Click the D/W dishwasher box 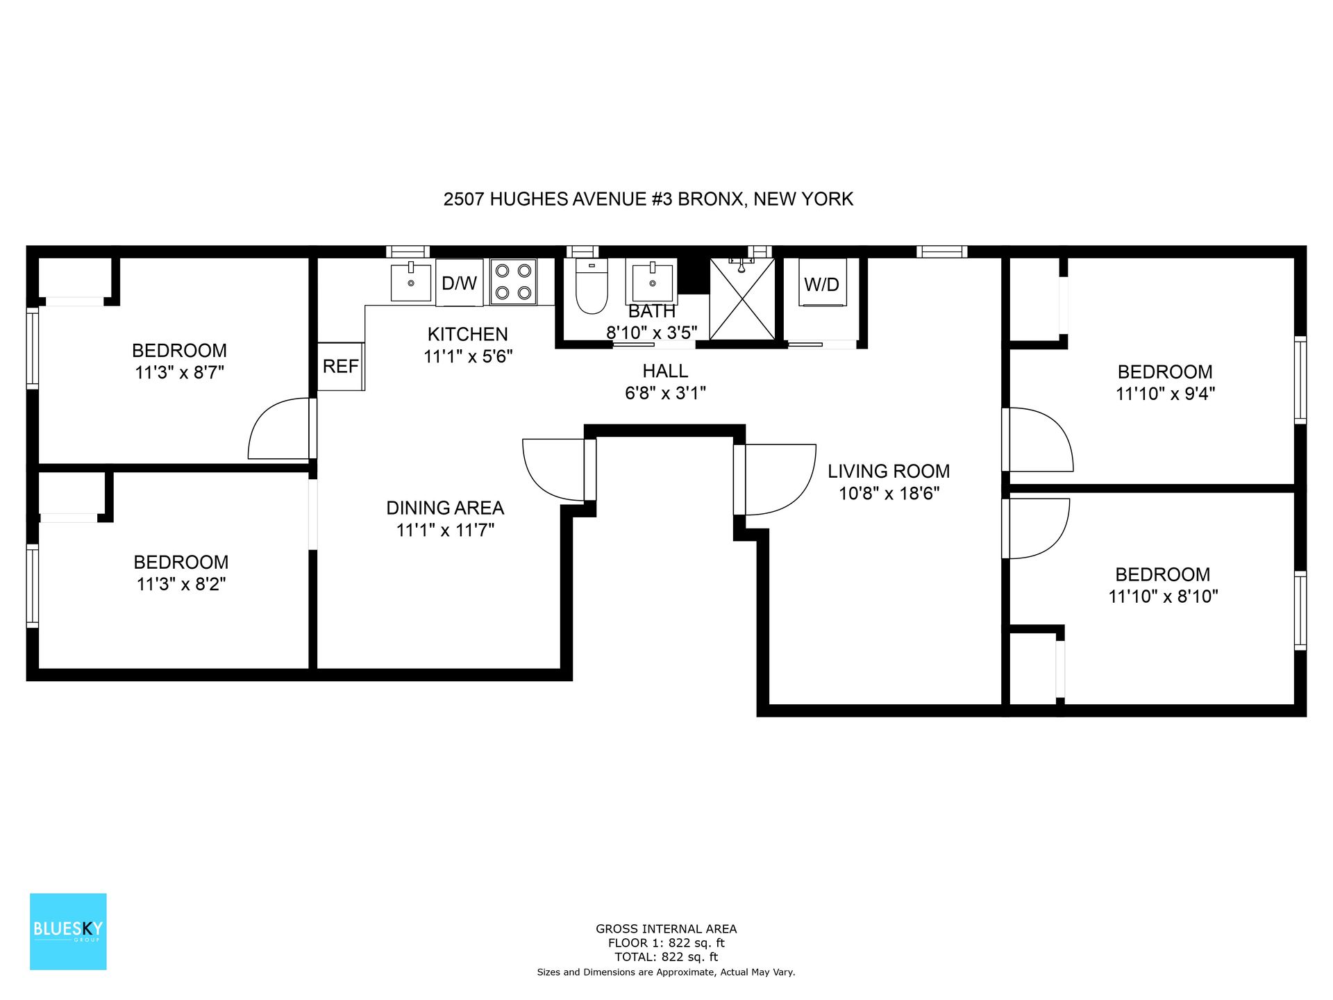(x=459, y=283)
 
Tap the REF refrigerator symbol (x=340, y=366)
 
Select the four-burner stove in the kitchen (x=513, y=281)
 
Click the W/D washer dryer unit (x=822, y=283)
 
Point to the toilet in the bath (x=591, y=286)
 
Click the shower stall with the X (x=742, y=299)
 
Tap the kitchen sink (x=411, y=281)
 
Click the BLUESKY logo (x=68, y=931)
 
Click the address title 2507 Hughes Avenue (x=648, y=199)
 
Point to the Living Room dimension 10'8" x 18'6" (x=889, y=494)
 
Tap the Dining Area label (x=445, y=508)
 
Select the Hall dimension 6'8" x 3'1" (x=665, y=393)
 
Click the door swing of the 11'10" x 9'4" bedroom (x=1039, y=440)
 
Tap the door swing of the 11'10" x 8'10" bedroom (x=1037, y=528)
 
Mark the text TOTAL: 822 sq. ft (x=666, y=957)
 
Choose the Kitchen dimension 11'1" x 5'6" (x=468, y=356)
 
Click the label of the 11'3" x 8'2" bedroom (x=181, y=562)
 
